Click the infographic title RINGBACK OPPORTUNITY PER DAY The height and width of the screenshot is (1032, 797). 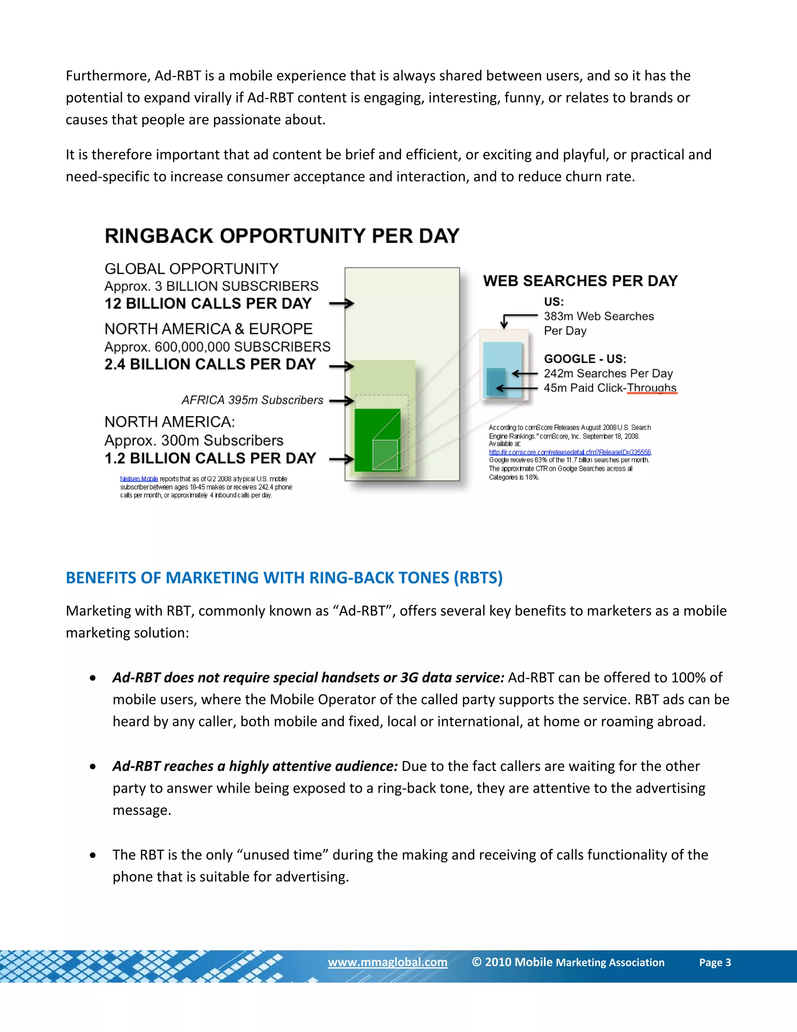pos(282,236)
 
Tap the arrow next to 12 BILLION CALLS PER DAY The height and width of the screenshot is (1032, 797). pos(341,303)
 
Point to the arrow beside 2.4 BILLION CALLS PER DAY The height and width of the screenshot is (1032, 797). pos(341,366)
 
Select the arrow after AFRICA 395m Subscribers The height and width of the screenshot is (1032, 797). pos(341,401)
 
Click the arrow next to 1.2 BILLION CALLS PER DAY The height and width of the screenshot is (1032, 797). pos(341,459)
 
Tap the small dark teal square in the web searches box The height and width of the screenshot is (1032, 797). pos(495,381)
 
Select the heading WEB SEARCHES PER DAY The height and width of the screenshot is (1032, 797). pos(580,281)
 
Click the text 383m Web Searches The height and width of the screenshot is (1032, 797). pos(599,316)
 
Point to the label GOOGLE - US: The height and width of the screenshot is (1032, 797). pos(585,359)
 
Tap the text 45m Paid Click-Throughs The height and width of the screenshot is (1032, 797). pos(609,388)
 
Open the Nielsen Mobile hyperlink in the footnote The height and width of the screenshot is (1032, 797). pos(139,479)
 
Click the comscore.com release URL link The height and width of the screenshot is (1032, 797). pos(570,452)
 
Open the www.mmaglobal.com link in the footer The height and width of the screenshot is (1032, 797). pos(387,962)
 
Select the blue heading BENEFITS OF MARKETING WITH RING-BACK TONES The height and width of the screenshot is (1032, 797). pos(284,578)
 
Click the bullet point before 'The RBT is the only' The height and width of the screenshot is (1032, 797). pos(93,855)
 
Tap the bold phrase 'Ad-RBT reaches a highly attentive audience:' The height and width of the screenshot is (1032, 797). pos(255,766)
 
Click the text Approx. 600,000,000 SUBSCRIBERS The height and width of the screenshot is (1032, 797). pos(217,347)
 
